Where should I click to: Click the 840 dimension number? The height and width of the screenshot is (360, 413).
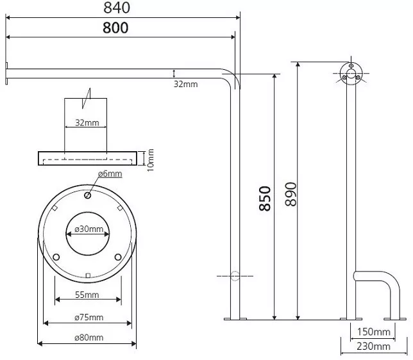[x=117, y=8]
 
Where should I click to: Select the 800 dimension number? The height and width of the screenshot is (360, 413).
[x=115, y=28]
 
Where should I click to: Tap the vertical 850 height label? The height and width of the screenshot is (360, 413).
[x=265, y=199]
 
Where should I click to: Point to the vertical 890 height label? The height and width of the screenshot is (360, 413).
[x=291, y=194]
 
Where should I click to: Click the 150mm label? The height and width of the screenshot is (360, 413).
[x=373, y=332]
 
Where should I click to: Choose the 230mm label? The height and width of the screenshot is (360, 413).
[x=373, y=347]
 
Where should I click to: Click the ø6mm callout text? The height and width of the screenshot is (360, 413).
[x=110, y=174]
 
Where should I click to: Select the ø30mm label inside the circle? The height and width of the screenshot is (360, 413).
[x=89, y=229]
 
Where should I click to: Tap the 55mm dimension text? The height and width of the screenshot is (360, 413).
[x=87, y=295]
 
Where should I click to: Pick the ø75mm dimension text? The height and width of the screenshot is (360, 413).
[x=89, y=317]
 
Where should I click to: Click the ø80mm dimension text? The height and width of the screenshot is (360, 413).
[x=89, y=338]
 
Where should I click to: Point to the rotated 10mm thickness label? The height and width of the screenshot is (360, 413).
[x=151, y=160]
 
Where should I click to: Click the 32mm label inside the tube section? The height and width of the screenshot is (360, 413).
[x=87, y=122]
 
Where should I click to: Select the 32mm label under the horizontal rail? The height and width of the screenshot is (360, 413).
[x=186, y=84]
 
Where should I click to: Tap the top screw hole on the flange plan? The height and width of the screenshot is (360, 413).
[x=88, y=195]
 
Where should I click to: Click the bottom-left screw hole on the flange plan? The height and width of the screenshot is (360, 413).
[x=56, y=257]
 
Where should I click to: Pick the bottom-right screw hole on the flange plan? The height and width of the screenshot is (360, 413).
[x=118, y=257]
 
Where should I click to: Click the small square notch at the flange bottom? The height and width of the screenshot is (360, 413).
[x=88, y=275]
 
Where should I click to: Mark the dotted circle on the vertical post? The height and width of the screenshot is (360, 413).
[x=235, y=276]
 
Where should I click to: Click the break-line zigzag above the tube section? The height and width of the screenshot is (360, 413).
[x=87, y=98]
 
